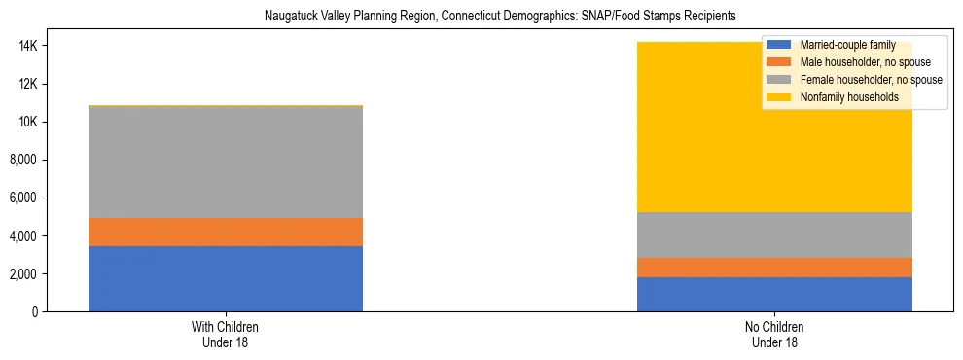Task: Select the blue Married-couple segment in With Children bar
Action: [x=226, y=278]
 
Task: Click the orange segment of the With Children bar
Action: [x=226, y=232]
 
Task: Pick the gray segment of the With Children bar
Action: [x=226, y=162]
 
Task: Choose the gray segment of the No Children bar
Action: [x=774, y=234]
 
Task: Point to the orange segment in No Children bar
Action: [x=774, y=268]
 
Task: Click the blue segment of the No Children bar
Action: [x=774, y=294]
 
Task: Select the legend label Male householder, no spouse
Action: [x=864, y=62]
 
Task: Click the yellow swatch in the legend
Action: [x=779, y=97]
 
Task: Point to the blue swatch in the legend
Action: [x=779, y=45]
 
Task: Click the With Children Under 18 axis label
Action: [x=226, y=334]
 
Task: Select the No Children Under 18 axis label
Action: [x=774, y=334]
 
